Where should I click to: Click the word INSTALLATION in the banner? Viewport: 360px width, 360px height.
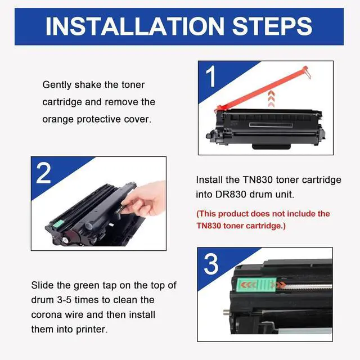click(135, 26)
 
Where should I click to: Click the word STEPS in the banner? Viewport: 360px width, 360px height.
click(272, 26)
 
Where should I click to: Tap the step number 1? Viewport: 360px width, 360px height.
click(210, 76)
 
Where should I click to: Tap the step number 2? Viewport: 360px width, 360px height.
click(43, 173)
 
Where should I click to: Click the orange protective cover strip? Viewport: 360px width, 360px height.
click(263, 88)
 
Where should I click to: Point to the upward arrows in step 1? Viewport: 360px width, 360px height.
click(271, 98)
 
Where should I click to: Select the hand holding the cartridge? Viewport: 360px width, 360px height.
click(143, 199)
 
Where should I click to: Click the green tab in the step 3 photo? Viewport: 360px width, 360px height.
click(256, 285)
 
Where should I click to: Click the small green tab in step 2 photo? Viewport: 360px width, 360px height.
click(58, 223)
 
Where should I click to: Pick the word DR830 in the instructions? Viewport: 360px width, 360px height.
click(231, 195)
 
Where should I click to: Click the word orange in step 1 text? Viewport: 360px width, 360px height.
click(58, 120)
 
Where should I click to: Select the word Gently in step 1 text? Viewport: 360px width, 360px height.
click(57, 85)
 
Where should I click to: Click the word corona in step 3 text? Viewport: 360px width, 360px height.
click(46, 314)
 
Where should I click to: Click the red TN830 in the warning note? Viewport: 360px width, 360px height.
click(208, 226)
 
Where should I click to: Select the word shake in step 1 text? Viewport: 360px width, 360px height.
click(88, 85)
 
